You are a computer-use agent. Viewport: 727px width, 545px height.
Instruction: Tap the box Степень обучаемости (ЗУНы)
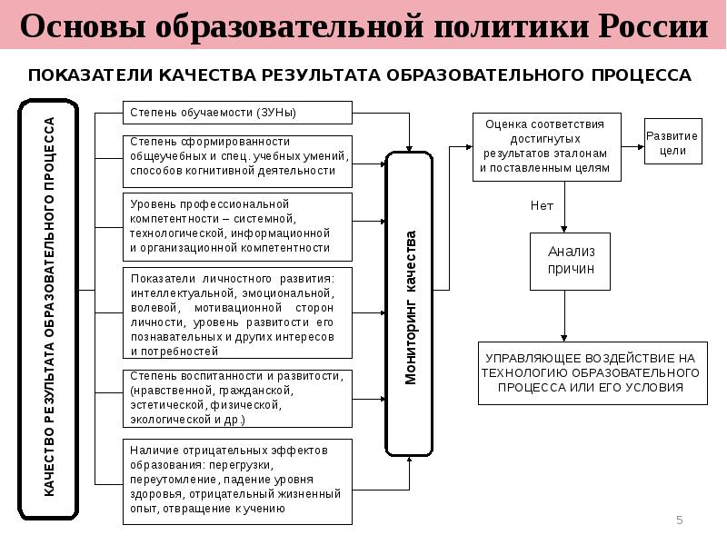click(236, 113)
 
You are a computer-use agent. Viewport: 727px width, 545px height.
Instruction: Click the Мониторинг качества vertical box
click(410, 304)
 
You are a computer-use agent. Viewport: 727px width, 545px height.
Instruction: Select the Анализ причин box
click(571, 261)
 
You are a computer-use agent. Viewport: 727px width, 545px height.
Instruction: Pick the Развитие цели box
click(672, 143)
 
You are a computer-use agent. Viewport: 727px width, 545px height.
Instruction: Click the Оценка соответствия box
click(546, 146)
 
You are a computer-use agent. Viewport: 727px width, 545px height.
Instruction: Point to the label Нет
click(542, 205)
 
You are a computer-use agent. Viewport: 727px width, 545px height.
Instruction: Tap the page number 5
click(679, 520)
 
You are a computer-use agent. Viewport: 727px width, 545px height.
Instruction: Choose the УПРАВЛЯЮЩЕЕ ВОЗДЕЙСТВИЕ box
click(590, 372)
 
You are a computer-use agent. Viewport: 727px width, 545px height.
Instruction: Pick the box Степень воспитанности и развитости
click(236, 398)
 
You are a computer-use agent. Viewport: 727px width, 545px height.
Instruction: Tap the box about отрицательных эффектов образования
click(236, 481)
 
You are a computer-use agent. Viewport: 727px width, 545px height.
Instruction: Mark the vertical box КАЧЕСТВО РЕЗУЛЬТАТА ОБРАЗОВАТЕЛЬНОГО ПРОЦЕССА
click(49, 309)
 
